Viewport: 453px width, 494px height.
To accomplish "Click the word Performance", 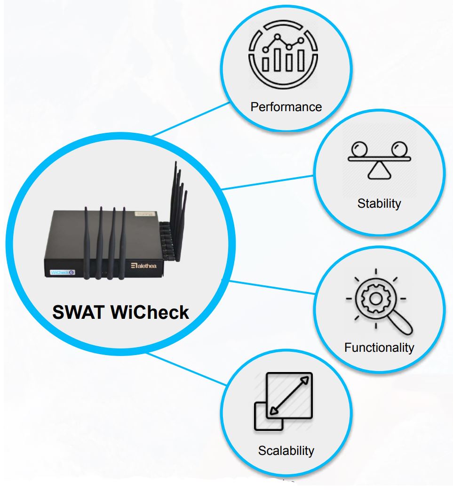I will coord(286,107).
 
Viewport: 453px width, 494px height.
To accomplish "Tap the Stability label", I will coord(379,203).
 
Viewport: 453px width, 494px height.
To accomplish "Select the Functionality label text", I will coord(379,348).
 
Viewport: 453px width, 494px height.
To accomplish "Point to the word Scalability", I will coord(286,450).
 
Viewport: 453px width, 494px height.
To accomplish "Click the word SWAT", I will coord(78,312).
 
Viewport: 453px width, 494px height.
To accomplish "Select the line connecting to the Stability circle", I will coord(268,182).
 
